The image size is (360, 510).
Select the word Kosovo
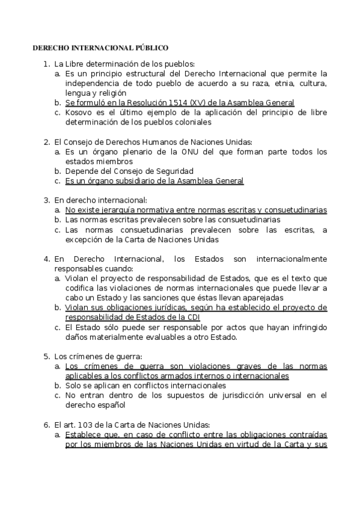coord(79,112)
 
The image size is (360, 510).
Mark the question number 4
coord(46,259)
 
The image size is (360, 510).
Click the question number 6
coord(46,424)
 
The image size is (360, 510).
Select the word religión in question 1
coord(111,93)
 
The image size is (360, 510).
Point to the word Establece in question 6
coord(85,434)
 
